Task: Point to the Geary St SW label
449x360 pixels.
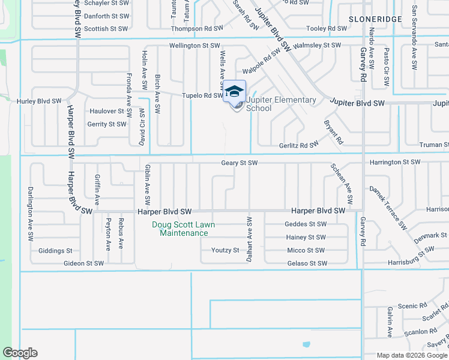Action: pyautogui.click(x=240, y=163)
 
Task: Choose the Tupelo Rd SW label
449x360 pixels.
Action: pyautogui.click(x=203, y=95)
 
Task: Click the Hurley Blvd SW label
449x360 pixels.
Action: pyautogui.click(x=39, y=101)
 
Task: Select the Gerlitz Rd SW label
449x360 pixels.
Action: pyautogui.click(x=298, y=145)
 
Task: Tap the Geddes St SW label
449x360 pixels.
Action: pyautogui.click(x=306, y=224)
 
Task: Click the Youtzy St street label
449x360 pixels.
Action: pyautogui.click(x=225, y=250)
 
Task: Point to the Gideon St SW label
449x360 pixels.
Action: pyautogui.click(x=84, y=263)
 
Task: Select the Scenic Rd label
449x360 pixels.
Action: pyautogui.click(x=412, y=306)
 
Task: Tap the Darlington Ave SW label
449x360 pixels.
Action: pyautogui.click(x=30, y=214)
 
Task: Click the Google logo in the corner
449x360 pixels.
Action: pyautogui.click(x=20, y=353)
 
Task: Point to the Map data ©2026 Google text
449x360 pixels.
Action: pyautogui.click(x=411, y=355)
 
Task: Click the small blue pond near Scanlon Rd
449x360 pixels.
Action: pyautogui.click(x=307, y=345)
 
